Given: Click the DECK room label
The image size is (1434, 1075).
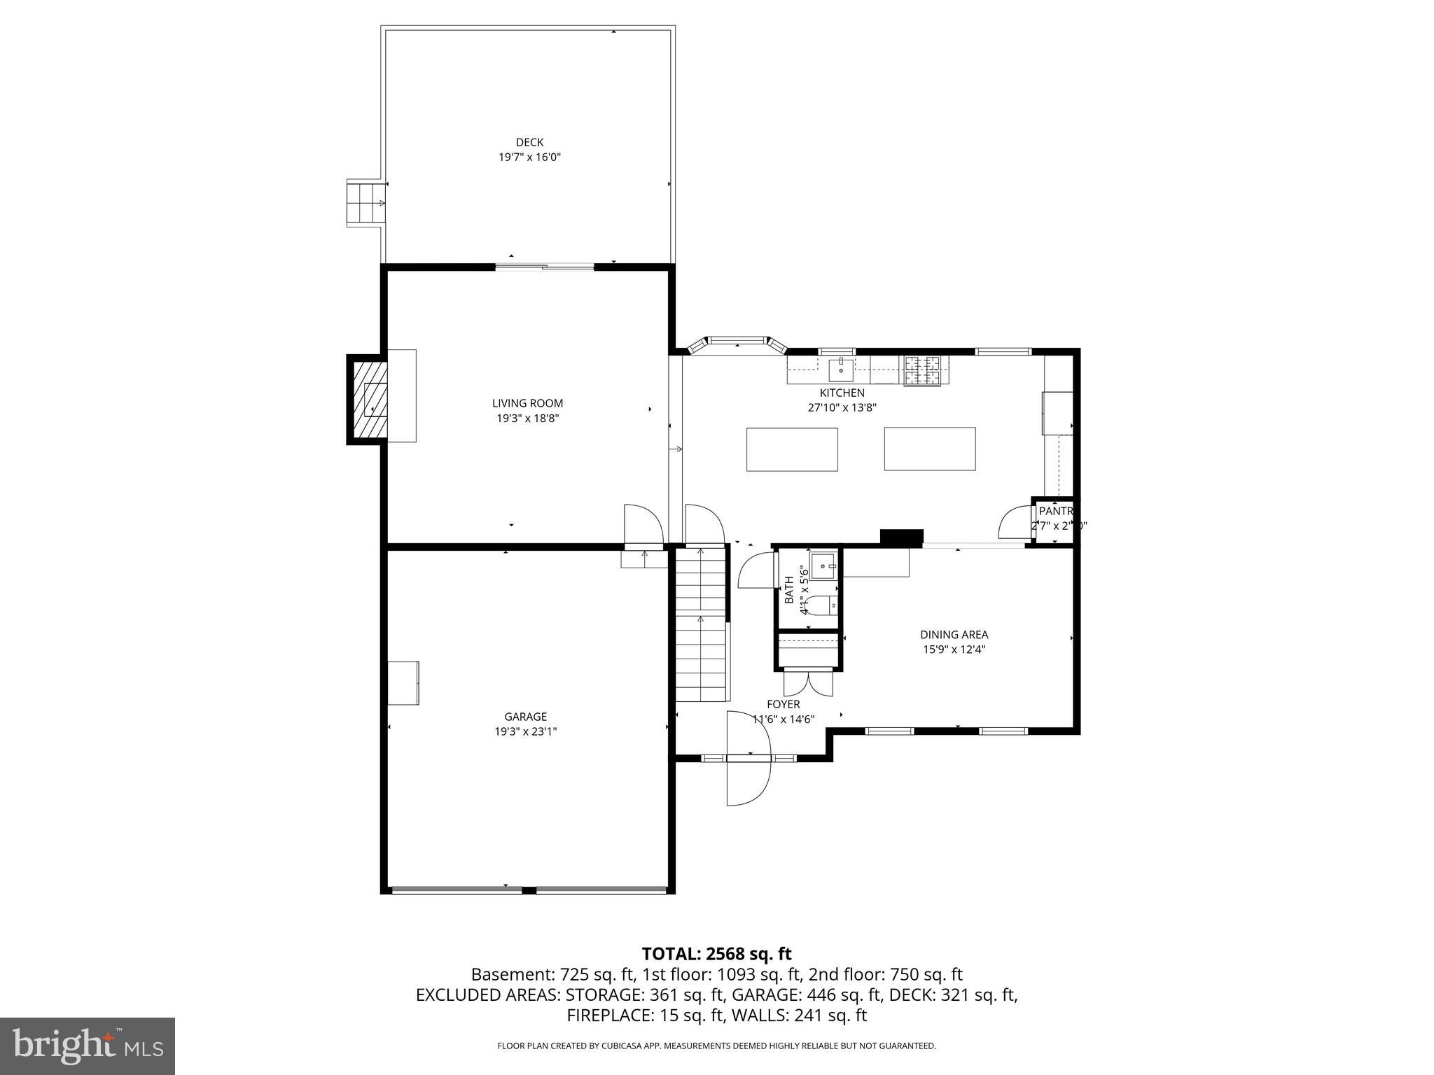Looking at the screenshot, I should pos(529,143).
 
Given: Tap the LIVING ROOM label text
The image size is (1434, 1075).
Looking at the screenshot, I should pos(527,403).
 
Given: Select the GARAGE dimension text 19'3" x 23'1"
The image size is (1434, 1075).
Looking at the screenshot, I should pos(526,731).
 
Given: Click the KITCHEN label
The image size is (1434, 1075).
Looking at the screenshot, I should pos(842,393).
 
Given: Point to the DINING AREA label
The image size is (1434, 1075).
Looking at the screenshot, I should pos(954,635).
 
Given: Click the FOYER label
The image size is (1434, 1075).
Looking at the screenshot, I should pos(783,704).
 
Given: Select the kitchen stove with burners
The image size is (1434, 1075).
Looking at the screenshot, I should pos(923,371).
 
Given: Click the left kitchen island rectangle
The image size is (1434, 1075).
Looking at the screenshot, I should pos(792,449).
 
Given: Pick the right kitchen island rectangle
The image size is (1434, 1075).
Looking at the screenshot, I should pos(929,449).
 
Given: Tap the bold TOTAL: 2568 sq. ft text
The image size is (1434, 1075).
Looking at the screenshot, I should pos(716,954).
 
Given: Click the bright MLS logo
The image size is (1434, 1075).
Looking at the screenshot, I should pos(88,1046).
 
